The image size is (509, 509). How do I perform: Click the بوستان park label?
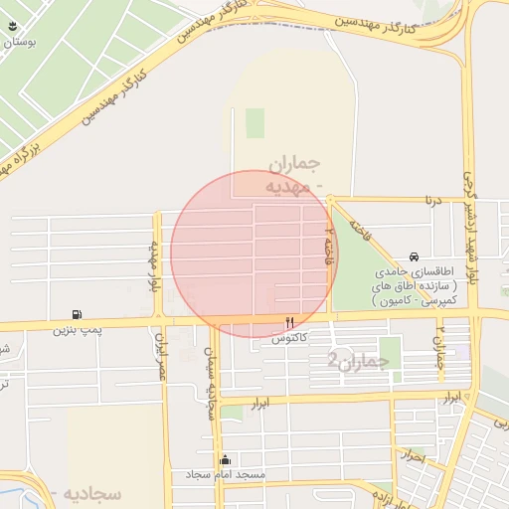tap(21, 43)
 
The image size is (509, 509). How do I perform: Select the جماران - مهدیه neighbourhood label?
tap(295, 173)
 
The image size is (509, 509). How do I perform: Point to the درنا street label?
tap(430, 200)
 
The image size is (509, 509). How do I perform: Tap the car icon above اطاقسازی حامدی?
tap(415, 255)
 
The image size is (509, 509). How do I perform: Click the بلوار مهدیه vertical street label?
tap(154, 266)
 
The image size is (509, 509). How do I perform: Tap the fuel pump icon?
tap(78, 313)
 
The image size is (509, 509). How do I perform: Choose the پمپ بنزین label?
tap(78, 329)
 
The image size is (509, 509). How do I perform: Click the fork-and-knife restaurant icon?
tap(290, 322)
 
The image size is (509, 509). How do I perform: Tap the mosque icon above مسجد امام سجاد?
tap(226, 460)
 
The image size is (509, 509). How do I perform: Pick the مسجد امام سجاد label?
tap(226, 476)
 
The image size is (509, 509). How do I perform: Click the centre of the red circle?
tap(254, 254)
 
